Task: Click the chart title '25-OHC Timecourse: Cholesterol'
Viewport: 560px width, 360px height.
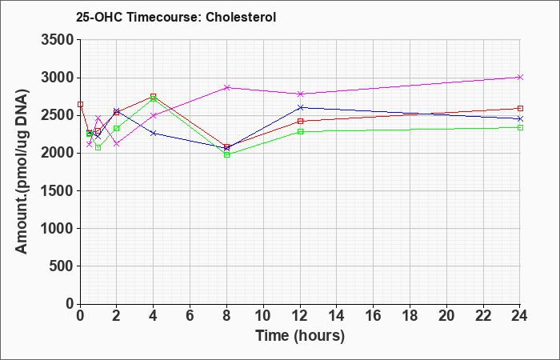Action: (x=176, y=17)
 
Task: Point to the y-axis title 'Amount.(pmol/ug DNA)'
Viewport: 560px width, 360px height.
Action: (x=22, y=171)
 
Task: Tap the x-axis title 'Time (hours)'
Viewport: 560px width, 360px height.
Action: (x=300, y=336)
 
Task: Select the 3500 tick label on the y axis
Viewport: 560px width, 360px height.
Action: (x=58, y=40)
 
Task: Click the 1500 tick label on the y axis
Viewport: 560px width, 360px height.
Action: (x=58, y=190)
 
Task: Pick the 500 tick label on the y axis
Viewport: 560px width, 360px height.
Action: (x=62, y=266)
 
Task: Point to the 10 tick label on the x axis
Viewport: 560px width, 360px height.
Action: (x=263, y=316)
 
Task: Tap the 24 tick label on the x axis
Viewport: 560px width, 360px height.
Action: (x=519, y=316)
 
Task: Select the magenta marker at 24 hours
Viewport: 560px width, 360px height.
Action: (x=520, y=77)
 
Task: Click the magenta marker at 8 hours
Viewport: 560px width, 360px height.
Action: (x=226, y=87)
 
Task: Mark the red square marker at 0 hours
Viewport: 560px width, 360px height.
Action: (x=80, y=104)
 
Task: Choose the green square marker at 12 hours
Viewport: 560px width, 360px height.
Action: (x=300, y=131)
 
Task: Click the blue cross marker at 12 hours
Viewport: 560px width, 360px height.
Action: (x=300, y=107)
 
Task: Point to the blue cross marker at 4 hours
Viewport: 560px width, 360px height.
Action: (x=154, y=134)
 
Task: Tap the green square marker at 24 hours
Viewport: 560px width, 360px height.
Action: (x=520, y=127)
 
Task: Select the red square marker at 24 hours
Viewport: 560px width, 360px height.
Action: (x=520, y=108)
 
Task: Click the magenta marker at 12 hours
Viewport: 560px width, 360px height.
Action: (x=300, y=94)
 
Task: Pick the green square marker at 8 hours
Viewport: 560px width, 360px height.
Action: (x=226, y=154)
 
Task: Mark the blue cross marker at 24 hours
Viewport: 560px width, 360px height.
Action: (x=520, y=118)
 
